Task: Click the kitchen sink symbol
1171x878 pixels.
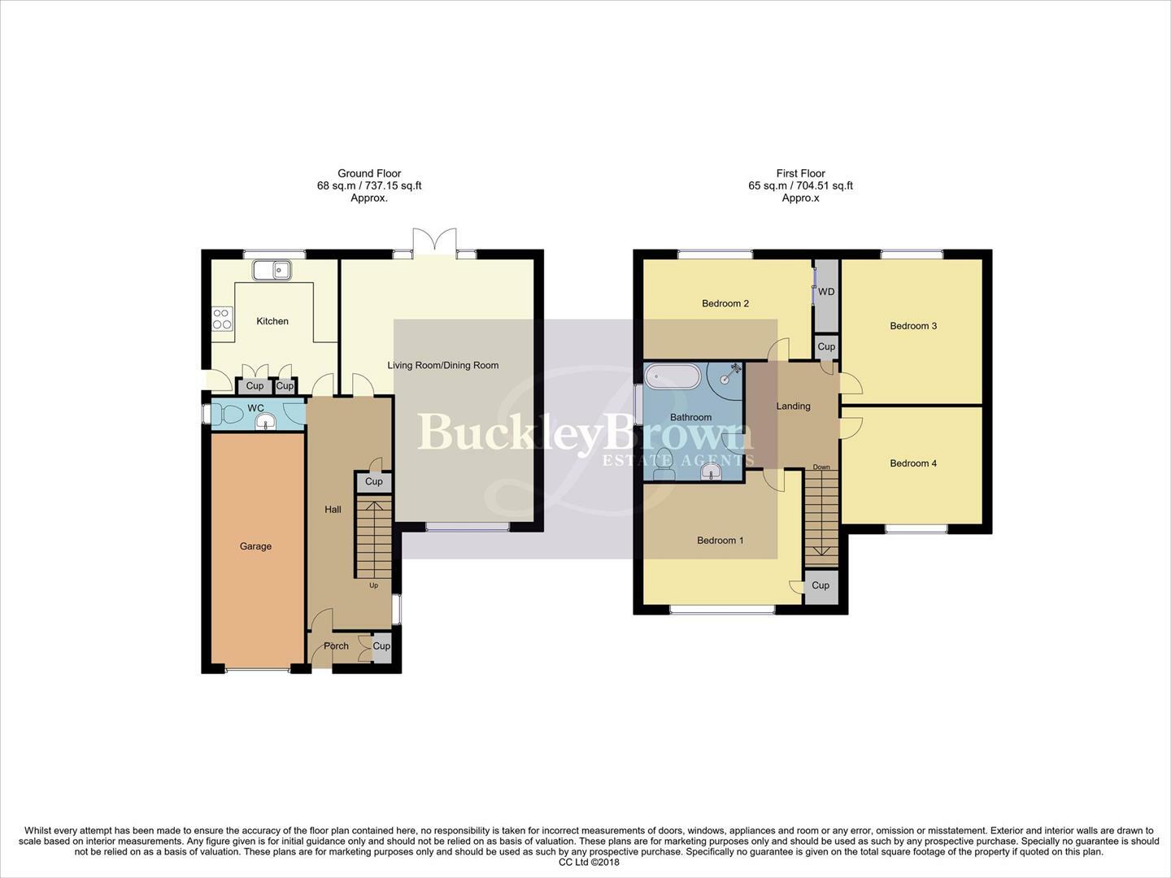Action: click(x=272, y=269)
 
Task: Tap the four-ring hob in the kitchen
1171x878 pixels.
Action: click(x=222, y=318)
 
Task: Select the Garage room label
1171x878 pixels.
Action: click(x=255, y=546)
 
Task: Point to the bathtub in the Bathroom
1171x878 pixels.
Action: click(x=672, y=377)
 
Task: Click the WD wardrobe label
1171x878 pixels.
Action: click(x=826, y=292)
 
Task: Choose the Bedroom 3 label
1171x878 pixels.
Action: click(x=913, y=326)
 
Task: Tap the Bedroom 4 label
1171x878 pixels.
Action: click(x=913, y=463)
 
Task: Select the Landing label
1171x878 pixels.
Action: click(x=793, y=406)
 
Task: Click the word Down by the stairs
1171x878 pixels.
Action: click(x=821, y=467)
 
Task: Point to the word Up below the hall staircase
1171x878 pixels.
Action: click(x=374, y=585)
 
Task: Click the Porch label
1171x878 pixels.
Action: click(x=336, y=646)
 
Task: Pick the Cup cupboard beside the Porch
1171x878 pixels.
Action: click(x=381, y=646)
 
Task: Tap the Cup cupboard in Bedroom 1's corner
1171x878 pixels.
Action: click(x=821, y=585)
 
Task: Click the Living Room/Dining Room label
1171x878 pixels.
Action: click(x=443, y=366)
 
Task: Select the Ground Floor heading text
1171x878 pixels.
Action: click(x=369, y=173)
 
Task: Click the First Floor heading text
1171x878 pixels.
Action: click(x=800, y=173)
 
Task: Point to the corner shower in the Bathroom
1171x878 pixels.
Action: click(x=726, y=376)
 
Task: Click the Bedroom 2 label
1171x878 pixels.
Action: click(x=725, y=304)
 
